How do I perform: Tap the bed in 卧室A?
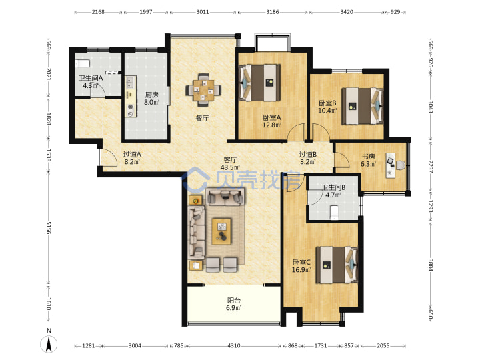(x=259, y=83)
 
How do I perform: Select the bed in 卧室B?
(x=363, y=106)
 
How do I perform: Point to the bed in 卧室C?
(x=337, y=265)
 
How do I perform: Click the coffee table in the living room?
(x=221, y=231)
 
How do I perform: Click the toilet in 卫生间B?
(x=334, y=212)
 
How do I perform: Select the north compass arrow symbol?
(x=49, y=343)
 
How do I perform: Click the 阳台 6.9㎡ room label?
(x=234, y=304)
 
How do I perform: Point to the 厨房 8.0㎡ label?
(x=151, y=98)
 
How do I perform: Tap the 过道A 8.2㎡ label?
(x=132, y=158)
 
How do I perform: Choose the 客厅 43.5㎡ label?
(x=230, y=163)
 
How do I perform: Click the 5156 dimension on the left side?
(x=49, y=228)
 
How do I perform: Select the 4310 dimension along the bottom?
(x=233, y=345)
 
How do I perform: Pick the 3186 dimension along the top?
(x=272, y=12)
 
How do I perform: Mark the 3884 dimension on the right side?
(x=431, y=265)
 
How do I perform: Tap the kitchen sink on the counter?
(x=131, y=82)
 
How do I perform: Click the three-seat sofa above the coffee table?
(x=225, y=197)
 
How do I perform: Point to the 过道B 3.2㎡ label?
(x=308, y=158)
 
